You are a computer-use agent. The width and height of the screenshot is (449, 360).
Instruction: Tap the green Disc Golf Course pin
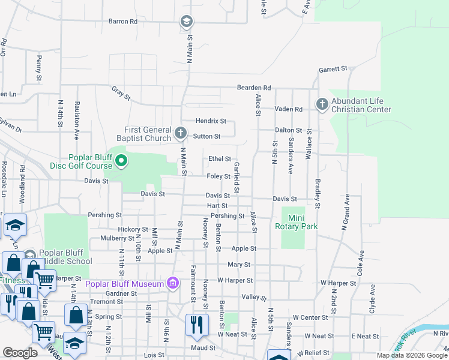coord(121,160)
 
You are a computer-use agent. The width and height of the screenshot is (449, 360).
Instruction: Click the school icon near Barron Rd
coord(186,22)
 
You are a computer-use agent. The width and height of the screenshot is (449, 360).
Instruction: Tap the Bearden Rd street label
coord(254,87)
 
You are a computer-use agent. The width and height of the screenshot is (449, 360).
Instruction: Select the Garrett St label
coord(334,69)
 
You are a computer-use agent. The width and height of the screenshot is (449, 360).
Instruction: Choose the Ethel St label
coord(219,158)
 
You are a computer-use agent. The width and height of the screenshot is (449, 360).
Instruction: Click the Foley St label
coord(218,176)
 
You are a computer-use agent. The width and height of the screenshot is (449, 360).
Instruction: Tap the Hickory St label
coord(133,229)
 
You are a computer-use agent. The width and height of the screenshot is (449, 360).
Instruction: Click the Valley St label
coord(253,297)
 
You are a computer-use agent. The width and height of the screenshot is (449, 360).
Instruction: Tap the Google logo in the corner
coord(20,353)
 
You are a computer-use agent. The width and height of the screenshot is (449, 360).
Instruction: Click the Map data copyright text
coord(412,355)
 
